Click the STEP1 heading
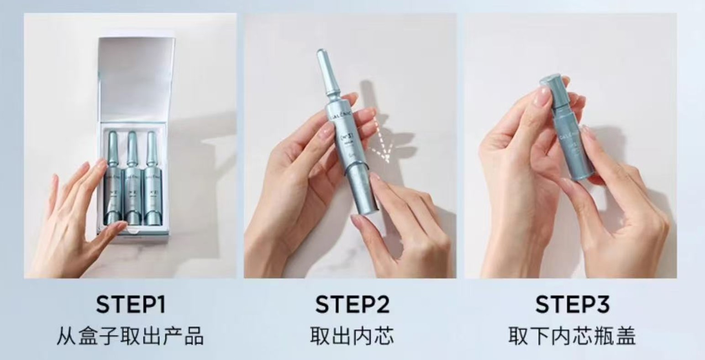tap(130, 305)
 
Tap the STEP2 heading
tap(352, 305)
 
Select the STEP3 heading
tap(572, 305)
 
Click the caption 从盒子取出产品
tap(130, 337)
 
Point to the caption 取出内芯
tap(352, 337)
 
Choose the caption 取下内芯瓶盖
tap(572, 337)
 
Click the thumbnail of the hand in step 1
tap(120, 226)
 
